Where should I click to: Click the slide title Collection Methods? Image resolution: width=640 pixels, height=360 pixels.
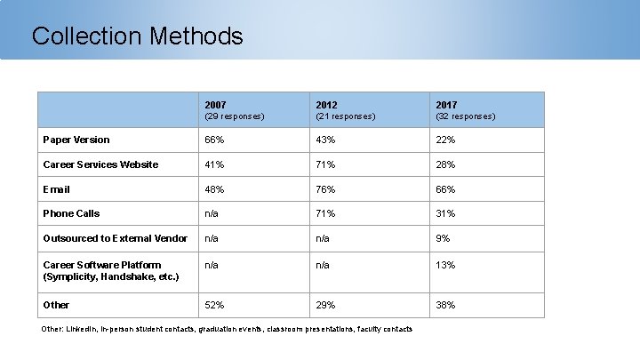pos(138,36)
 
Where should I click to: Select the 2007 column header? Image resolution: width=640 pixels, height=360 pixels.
pos(215,105)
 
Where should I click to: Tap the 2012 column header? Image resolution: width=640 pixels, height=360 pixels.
pos(326,105)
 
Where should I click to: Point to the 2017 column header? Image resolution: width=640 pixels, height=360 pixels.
pos(446,105)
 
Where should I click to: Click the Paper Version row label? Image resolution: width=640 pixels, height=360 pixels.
pos(76,140)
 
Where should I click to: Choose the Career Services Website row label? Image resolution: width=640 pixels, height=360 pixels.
pos(100,164)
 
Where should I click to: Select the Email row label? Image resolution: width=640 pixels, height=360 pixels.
pos(56,189)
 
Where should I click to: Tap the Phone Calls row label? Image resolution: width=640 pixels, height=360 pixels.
pos(71,213)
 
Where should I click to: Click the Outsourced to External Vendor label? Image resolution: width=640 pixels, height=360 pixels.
pos(116,238)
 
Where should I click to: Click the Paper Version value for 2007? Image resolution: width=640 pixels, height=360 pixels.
pos(214,140)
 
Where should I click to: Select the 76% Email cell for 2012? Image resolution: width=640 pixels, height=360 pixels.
pos(325,189)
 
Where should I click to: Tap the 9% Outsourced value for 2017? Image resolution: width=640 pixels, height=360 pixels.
pos(443,238)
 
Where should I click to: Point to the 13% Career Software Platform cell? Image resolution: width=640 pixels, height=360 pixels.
pos(445,265)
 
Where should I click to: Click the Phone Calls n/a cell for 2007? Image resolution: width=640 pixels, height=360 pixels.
pos(212,213)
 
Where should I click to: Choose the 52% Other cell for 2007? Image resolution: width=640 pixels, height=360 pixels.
pos(214,305)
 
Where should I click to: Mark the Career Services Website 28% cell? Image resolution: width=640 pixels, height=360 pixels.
pos(445,164)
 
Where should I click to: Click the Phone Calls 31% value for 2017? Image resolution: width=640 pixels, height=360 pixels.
pos(445,213)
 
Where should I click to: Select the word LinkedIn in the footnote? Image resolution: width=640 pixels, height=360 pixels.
pos(81,329)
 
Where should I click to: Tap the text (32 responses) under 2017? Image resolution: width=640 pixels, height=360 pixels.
pos(466,116)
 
